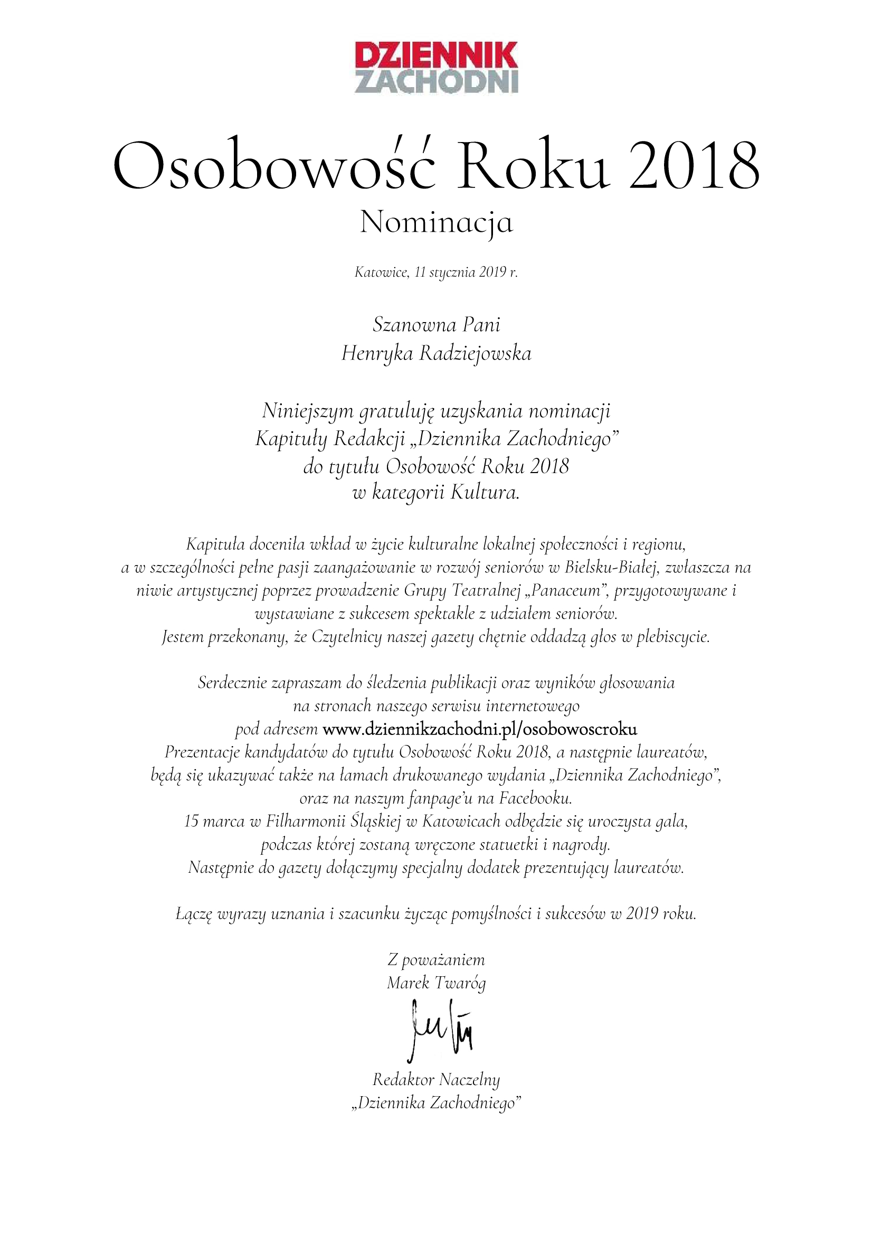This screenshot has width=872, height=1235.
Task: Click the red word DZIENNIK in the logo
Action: click(x=436, y=55)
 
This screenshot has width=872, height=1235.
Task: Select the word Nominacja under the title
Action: click(x=436, y=222)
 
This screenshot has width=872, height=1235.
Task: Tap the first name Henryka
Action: click(x=377, y=354)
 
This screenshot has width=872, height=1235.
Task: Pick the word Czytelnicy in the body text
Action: click(x=347, y=637)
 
